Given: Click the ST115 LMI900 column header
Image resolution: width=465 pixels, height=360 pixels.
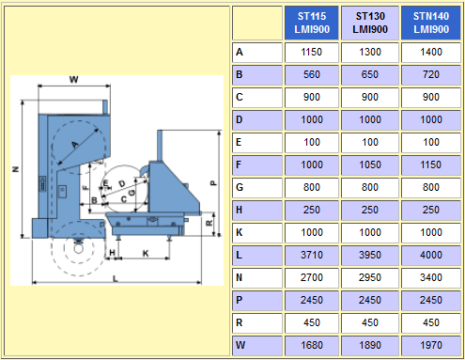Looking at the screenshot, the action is pos(312,23).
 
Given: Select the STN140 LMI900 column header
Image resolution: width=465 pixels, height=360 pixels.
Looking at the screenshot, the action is pos(431,23).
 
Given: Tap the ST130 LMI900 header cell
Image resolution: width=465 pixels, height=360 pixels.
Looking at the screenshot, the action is pos(370,23).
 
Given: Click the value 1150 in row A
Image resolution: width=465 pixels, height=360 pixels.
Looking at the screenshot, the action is pos(312,52).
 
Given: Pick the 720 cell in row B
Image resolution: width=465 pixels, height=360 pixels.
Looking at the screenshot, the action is pos(431,74).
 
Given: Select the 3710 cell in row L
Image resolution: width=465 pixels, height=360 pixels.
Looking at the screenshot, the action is pos(312,255).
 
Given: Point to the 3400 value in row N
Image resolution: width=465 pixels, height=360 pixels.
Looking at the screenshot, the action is pos(431,277).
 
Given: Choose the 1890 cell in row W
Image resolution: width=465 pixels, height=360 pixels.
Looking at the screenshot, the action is pos(370,345).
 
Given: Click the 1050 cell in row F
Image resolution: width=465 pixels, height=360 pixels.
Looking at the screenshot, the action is pos(370,164).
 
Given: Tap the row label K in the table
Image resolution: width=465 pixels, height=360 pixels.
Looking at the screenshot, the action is pos(240,232).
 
